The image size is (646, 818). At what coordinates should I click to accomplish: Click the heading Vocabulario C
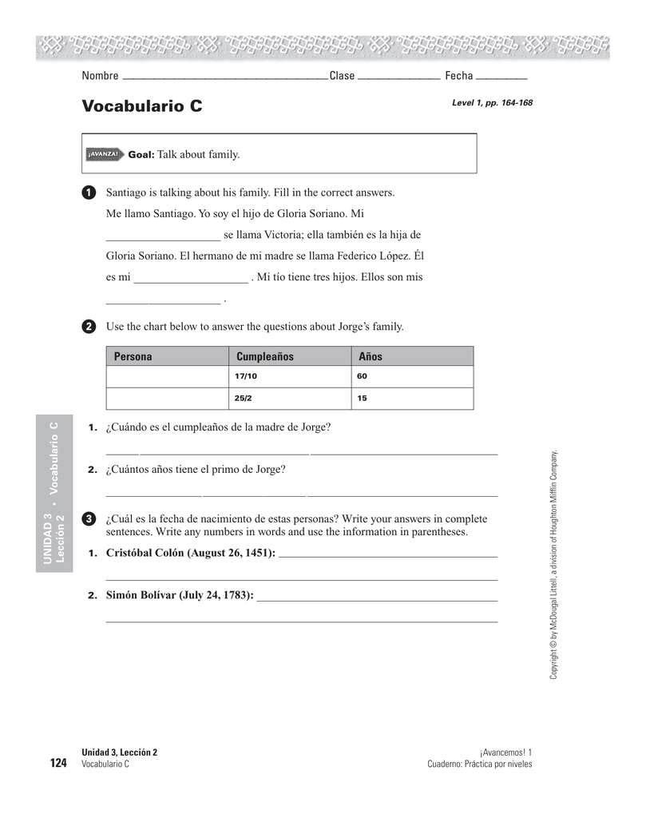[141, 106]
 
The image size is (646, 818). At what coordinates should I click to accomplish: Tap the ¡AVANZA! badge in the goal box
[104, 154]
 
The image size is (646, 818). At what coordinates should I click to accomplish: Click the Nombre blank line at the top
[224, 77]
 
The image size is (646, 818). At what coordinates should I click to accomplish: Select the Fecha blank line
[506, 77]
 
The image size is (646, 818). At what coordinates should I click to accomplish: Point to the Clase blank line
[399, 77]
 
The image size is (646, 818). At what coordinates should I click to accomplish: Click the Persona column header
[133, 356]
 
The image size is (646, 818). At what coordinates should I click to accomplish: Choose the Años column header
[371, 356]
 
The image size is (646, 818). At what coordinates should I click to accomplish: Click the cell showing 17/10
[246, 376]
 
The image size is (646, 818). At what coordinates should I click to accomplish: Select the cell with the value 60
[363, 376]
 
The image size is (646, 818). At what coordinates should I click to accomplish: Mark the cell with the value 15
[363, 398]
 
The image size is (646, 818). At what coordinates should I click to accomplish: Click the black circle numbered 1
[89, 193]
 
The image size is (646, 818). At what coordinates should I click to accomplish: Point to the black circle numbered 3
[89, 520]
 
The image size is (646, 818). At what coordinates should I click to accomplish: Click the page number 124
[58, 764]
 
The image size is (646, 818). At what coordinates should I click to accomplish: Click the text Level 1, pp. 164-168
[492, 103]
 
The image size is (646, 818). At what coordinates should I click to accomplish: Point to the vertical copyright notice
[553, 565]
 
